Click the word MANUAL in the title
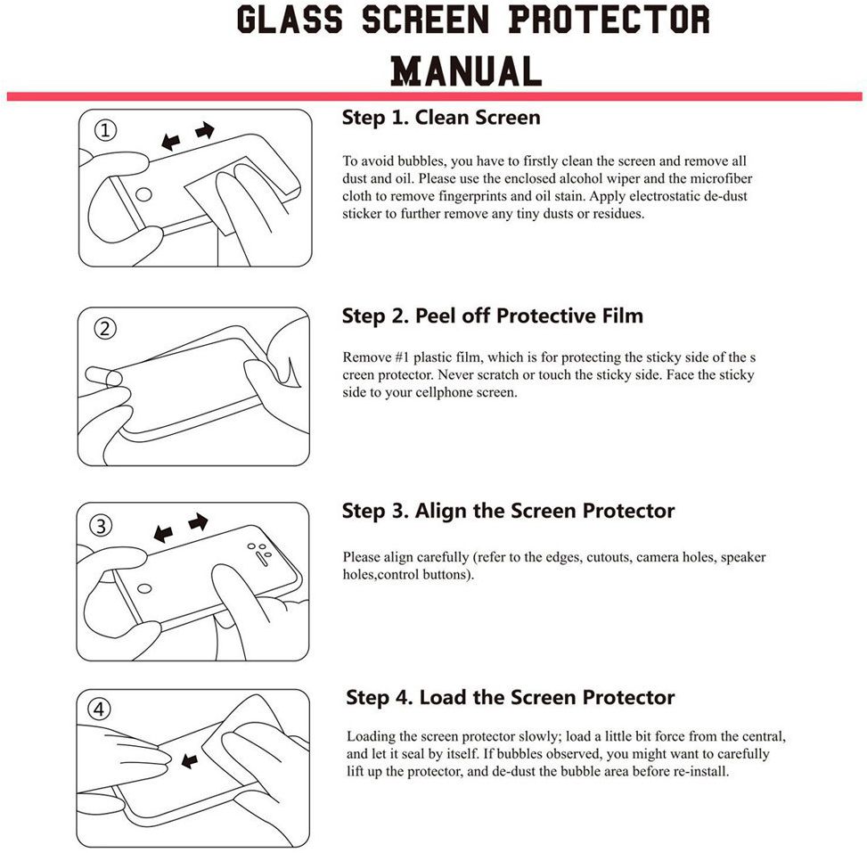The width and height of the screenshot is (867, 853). click(466, 70)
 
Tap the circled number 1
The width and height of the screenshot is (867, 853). click(105, 131)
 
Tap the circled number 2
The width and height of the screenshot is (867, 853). click(105, 329)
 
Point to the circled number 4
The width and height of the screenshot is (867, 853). click(100, 710)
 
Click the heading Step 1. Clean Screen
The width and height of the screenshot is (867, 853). click(441, 118)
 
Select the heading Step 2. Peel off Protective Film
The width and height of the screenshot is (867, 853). click(492, 316)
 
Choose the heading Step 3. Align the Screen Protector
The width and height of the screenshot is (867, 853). click(508, 511)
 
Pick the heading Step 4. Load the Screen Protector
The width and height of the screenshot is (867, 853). click(510, 697)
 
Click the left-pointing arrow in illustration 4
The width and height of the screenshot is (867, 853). click(189, 760)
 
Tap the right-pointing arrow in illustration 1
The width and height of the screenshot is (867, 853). click(205, 131)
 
